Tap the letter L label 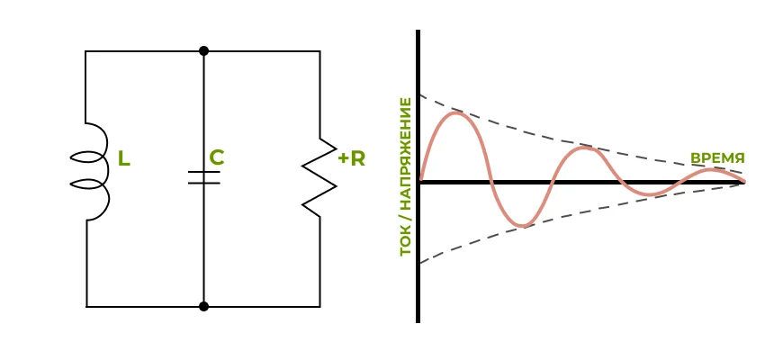(124, 159)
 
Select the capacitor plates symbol (204, 176)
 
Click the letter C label (216, 157)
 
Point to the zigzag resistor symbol (319, 177)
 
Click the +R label (352, 158)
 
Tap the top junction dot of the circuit (204, 51)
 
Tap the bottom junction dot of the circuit (204, 306)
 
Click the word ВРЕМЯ (717, 157)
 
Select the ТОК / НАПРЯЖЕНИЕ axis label (406, 176)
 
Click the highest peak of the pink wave (457, 113)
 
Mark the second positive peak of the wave (585, 148)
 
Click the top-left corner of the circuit (86, 51)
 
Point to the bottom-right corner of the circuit (319, 306)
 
